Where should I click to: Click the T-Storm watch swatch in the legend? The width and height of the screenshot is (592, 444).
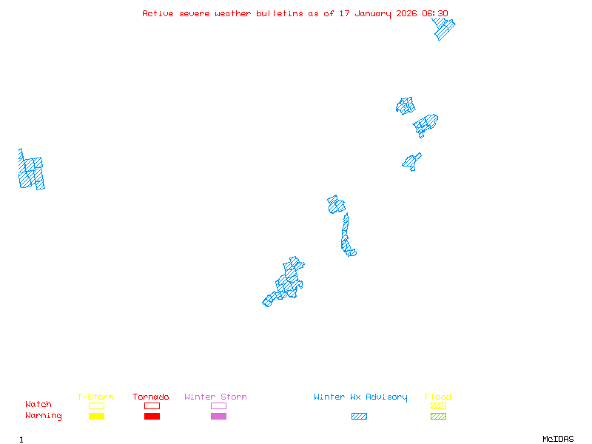(96, 406)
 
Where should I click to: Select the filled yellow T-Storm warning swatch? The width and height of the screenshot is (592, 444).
(96, 417)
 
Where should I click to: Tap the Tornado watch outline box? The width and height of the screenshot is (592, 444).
(152, 406)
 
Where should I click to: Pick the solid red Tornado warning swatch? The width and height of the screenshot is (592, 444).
(152, 417)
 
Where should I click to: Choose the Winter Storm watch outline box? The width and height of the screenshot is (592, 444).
(218, 406)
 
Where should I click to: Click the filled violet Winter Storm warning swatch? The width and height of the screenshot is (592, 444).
(218, 417)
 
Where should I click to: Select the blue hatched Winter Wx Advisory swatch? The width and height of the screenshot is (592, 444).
(359, 417)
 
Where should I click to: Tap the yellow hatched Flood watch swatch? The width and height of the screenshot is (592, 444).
(438, 406)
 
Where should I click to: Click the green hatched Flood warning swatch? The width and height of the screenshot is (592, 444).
(438, 417)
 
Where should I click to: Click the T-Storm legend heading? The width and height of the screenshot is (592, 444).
(95, 397)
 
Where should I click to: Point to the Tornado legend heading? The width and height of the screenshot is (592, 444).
(151, 397)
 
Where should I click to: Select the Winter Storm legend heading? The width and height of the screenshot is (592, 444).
(215, 397)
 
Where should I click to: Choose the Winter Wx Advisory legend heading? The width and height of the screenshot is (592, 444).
(360, 397)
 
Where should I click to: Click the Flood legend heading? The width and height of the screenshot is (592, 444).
(438, 397)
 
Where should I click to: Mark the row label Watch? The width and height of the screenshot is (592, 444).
(38, 405)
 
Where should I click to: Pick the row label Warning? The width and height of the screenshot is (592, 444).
(44, 416)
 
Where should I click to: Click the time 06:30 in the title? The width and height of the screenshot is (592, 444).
(435, 13)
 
